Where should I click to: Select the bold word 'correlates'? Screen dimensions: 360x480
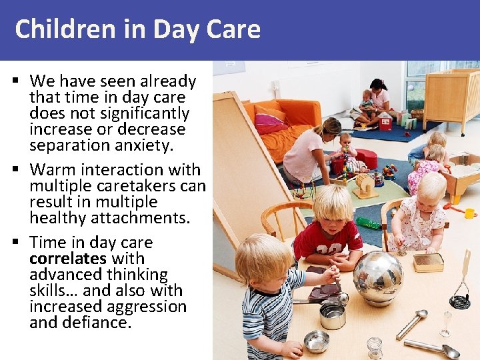click(x=67, y=258)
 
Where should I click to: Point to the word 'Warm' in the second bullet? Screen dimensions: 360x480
click(x=51, y=169)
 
